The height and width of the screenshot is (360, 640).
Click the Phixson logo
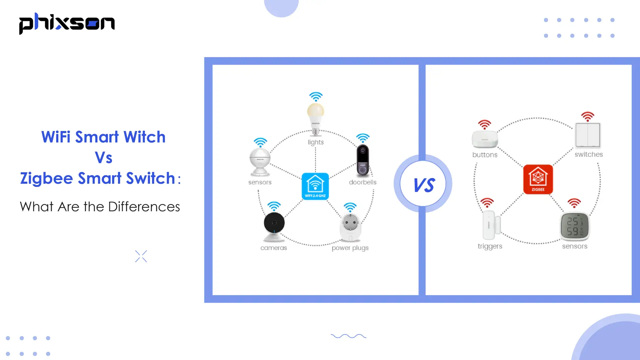[67, 23]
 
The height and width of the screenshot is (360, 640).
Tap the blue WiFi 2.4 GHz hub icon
[315, 186]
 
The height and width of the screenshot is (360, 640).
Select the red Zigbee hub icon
[538, 179]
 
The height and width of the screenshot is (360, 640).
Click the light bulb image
[315, 118]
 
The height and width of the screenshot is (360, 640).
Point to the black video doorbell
[363, 160]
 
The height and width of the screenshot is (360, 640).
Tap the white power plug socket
[350, 227]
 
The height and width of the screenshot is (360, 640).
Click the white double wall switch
[587, 135]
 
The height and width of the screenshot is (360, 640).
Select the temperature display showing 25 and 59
[575, 226]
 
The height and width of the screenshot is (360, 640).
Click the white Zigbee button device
[485, 139]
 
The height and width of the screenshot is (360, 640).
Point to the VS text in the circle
[423, 185]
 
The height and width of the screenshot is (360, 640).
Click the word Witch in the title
[144, 137]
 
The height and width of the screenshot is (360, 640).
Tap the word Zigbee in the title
[46, 178]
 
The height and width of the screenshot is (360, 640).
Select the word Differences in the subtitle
[144, 207]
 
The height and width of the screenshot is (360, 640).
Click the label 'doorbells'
[363, 182]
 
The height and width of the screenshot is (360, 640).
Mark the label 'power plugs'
[350, 248]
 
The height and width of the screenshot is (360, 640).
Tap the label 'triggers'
[490, 246]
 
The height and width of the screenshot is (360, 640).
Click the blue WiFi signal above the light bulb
[316, 97]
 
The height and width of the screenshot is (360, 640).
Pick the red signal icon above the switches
[587, 116]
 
